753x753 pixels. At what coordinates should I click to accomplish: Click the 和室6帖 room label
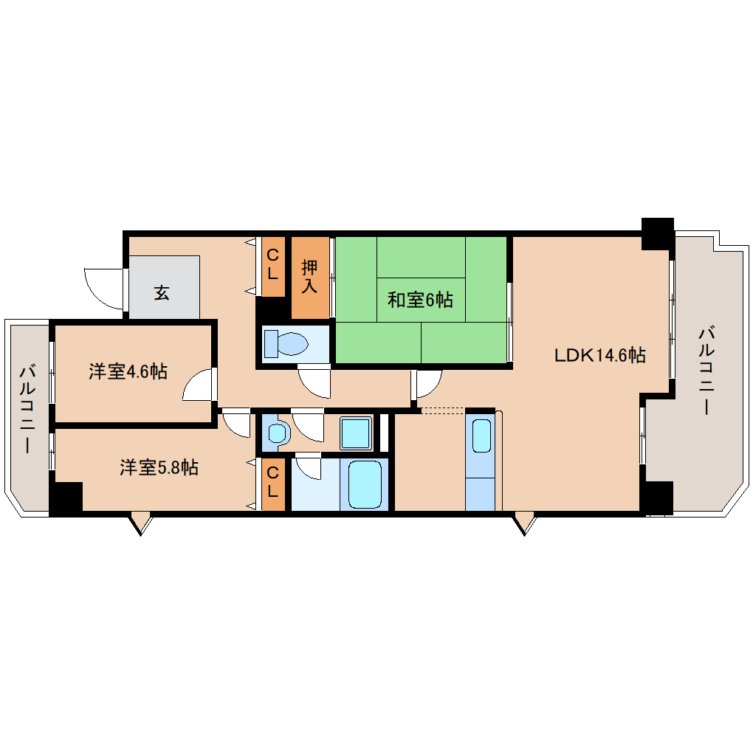(x=420, y=300)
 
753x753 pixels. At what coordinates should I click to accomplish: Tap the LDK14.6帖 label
(x=599, y=355)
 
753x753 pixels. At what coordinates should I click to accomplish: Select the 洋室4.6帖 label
(x=128, y=371)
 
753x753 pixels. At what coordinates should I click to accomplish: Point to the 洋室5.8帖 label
(x=159, y=467)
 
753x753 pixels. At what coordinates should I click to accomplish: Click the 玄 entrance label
(x=162, y=292)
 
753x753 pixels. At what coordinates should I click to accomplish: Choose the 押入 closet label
(x=310, y=277)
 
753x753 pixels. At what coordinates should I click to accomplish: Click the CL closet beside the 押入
(x=272, y=266)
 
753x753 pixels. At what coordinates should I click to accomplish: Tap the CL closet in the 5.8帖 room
(x=272, y=484)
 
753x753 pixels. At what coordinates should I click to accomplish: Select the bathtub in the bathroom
(x=365, y=484)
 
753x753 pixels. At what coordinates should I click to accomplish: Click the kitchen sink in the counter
(x=481, y=436)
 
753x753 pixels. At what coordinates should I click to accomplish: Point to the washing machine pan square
(x=356, y=433)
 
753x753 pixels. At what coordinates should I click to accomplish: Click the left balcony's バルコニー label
(x=27, y=409)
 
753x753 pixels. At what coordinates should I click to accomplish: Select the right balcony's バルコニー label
(x=706, y=371)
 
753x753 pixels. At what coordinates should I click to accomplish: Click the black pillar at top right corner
(x=658, y=234)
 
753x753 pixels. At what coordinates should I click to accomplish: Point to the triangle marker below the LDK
(x=524, y=523)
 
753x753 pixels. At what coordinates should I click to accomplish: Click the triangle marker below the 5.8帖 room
(x=140, y=523)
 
